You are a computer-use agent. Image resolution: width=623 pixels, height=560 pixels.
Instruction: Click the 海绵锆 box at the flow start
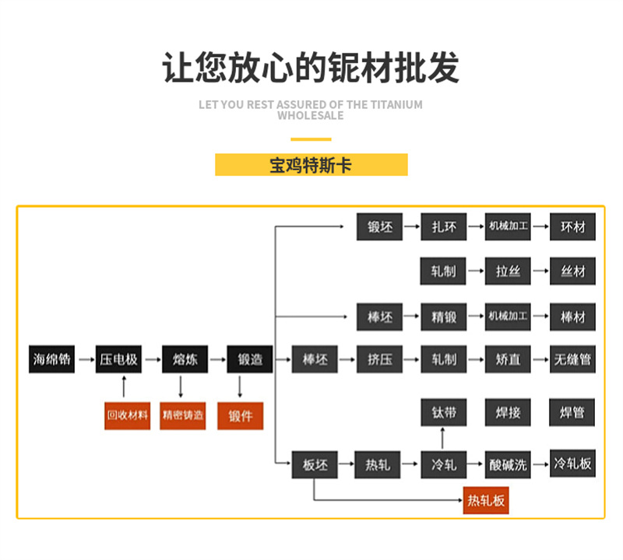(52, 359)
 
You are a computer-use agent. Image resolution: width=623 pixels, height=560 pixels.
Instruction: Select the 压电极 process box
(118, 359)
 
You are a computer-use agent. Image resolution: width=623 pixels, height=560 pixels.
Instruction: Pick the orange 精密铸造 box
(183, 415)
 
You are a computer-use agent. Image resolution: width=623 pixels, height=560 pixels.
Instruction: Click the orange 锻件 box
(241, 415)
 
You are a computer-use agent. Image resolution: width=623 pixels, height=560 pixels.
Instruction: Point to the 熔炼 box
(185, 359)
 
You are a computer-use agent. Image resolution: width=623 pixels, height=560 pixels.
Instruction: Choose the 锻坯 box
(379, 228)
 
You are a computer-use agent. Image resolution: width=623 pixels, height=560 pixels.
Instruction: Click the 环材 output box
(572, 228)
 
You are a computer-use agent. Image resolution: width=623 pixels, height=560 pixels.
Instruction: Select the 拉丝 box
(508, 271)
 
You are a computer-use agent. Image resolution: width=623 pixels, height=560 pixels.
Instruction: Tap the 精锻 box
(443, 317)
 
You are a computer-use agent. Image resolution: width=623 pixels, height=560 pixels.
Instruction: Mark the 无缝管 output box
(572, 359)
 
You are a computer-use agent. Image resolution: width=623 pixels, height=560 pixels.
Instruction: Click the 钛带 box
(443, 413)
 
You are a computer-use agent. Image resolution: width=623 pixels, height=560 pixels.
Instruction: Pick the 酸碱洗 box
(508, 465)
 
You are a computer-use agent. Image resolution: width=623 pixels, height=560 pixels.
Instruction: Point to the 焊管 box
(572, 413)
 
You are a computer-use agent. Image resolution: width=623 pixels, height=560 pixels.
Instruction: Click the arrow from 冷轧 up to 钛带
(443, 439)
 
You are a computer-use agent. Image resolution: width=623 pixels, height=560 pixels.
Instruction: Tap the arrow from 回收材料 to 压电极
(124, 387)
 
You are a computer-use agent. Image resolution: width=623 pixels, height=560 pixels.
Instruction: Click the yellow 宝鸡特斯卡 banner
(311, 165)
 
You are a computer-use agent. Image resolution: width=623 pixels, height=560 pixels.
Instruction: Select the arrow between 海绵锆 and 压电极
(85, 359)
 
